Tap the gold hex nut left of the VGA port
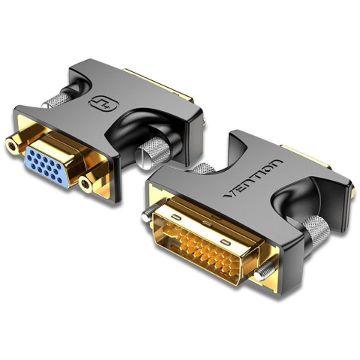[x=12, y=146]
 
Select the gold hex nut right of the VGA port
[x=86, y=184]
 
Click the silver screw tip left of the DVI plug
[x=146, y=216]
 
